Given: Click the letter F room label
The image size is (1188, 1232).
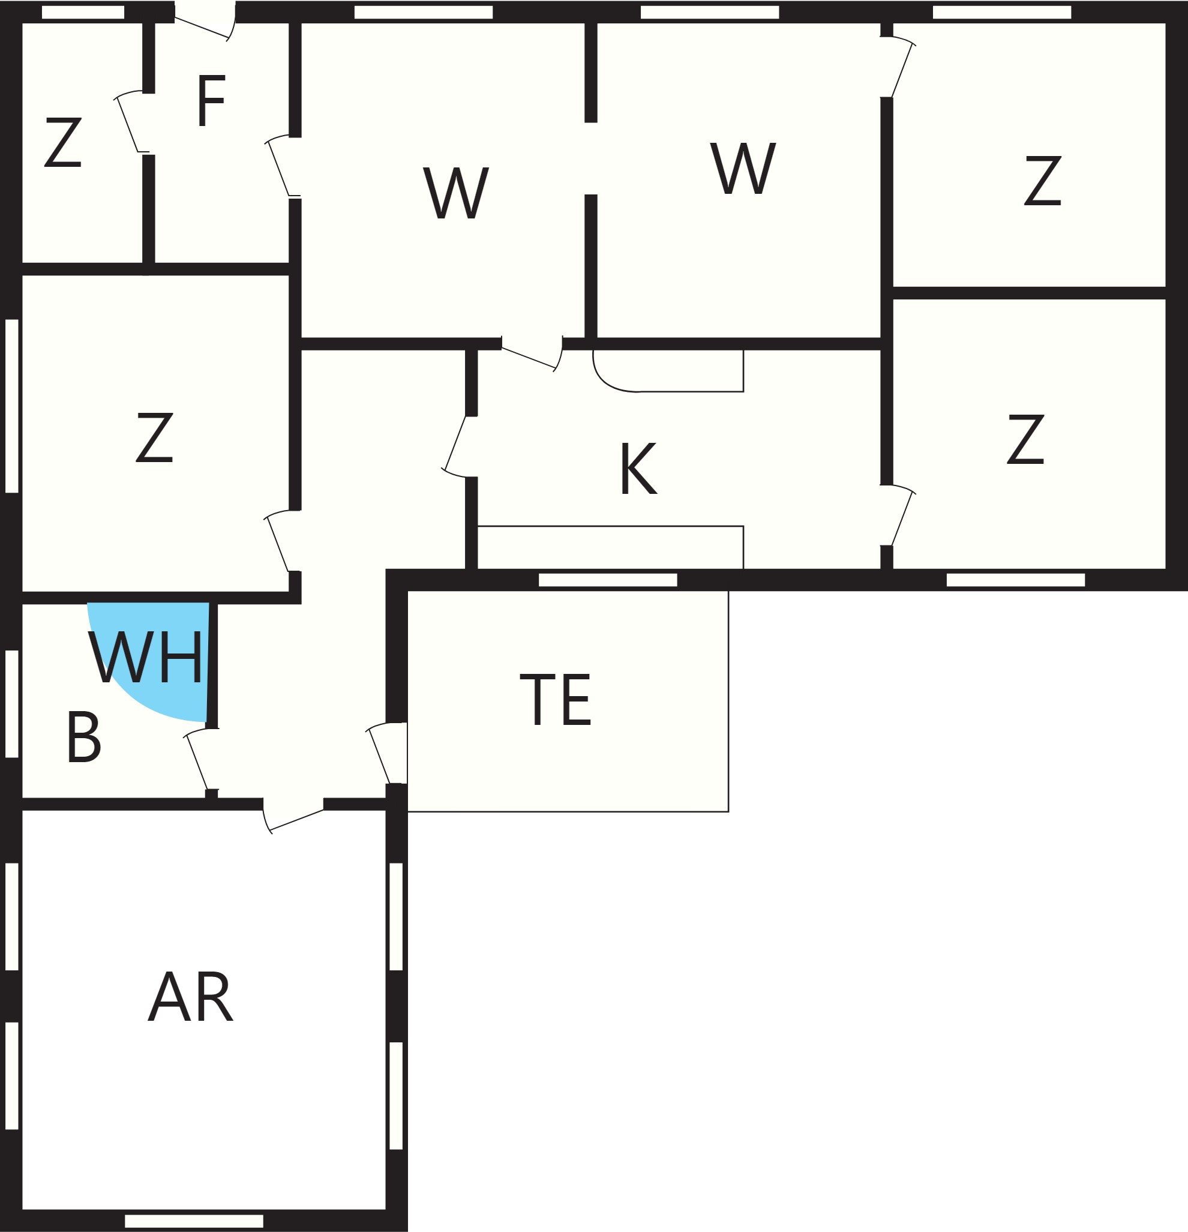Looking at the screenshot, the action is [x=211, y=101].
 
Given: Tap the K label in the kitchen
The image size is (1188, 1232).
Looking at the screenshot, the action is [x=638, y=468].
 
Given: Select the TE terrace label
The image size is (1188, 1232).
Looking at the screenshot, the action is [x=556, y=700].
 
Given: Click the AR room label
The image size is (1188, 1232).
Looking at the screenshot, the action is [x=190, y=997].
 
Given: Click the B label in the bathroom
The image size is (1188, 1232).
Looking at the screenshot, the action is [x=83, y=738].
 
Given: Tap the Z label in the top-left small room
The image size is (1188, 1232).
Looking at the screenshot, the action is [x=63, y=142].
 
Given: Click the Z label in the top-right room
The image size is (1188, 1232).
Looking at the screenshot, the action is [x=1043, y=181].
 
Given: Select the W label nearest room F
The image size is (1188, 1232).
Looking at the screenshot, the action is [x=456, y=193].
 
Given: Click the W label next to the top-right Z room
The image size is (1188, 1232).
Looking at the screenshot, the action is [x=743, y=168].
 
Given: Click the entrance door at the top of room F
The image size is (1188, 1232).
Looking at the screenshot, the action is [x=205, y=22].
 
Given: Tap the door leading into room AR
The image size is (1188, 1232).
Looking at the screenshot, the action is [x=293, y=816].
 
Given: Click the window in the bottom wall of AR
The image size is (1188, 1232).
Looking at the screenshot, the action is [x=194, y=1221].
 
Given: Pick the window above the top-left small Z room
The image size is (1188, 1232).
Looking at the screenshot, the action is [x=83, y=12].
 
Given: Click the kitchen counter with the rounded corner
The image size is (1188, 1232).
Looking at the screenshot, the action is [x=668, y=371].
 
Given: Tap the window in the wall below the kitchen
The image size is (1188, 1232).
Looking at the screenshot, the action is [x=608, y=580].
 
